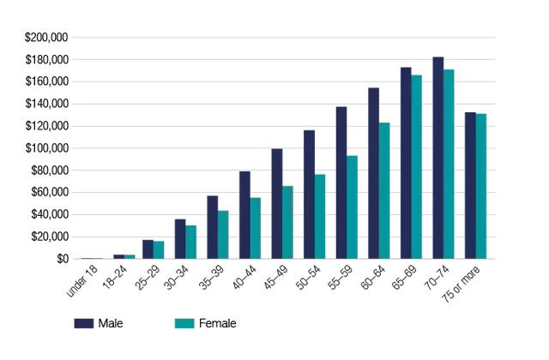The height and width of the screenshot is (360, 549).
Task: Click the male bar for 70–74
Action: (x=438, y=158)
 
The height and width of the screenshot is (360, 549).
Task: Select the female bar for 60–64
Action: (x=384, y=190)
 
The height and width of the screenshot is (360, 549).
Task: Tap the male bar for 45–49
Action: (x=277, y=204)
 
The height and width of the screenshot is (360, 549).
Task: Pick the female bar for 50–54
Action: (x=320, y=217)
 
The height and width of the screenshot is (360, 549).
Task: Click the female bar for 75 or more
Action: (x=481, y=187)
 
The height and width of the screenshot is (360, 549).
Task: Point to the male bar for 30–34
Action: (x=180, y=239)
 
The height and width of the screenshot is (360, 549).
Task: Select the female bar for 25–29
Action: (x=159, y=250)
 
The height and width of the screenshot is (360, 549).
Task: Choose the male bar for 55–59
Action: (x=341, y=183)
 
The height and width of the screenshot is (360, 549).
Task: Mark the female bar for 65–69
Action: (x=417, y=167)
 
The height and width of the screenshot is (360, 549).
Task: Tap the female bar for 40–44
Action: (x=256, y=229)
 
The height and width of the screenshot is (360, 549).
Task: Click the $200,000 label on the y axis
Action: (x=46, y=38)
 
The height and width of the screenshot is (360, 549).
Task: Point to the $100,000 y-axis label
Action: (x=46, y=148)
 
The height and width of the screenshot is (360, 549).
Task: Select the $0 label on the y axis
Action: (x=63, y=259)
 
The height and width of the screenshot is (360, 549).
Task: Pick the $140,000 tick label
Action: (x=46, y=104)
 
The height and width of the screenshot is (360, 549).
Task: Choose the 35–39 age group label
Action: (x=211, y=278)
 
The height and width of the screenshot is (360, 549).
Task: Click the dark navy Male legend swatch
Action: (x=84, y=323)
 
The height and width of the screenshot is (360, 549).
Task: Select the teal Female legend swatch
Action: (x=184, y=323)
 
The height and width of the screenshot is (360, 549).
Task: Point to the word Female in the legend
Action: (x=217, y=323)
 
